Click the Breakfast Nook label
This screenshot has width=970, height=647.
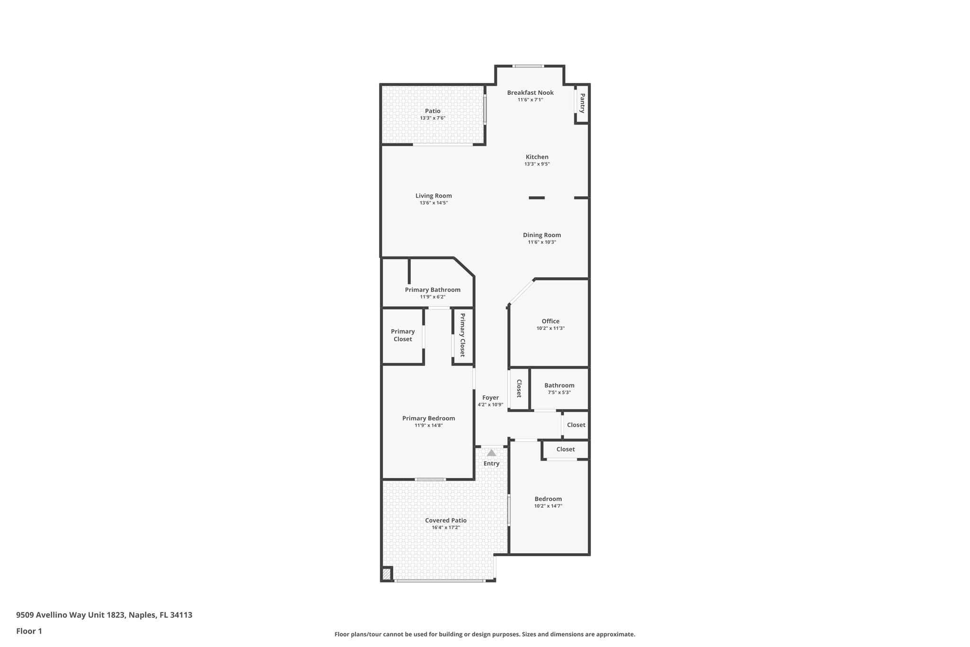(x=530, y=93)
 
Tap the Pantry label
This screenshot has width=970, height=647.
(x=582, y=103)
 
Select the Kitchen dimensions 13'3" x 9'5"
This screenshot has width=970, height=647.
(x=537, y=164)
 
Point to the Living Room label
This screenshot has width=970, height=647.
(x=433, y=196)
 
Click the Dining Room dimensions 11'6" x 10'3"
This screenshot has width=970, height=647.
(x=542, y=242)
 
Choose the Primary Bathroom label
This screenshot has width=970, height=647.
(x=432, y=290)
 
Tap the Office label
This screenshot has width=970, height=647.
(x=550, y=321)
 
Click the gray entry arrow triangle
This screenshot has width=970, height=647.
(x=491, y=453)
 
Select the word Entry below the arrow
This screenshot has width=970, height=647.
(x=491, y=464)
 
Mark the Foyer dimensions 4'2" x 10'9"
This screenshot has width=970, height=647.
(x=490, y=405)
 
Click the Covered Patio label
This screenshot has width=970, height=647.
(x=446, y=520)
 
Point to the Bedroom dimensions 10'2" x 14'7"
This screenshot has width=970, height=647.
(x=548, y=506)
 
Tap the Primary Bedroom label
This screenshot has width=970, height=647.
(x=429, y=418)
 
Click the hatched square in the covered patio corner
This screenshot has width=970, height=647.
(x=386, y=574)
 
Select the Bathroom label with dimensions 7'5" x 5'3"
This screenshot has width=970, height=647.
(x=559, y=385)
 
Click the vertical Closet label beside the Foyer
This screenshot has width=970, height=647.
(x=519, y=389)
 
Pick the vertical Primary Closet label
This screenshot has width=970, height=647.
(x=462, y=335)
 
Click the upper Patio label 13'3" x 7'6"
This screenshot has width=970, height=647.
(x=432, y=111)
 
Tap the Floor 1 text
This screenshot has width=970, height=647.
(x=29, y=631)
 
